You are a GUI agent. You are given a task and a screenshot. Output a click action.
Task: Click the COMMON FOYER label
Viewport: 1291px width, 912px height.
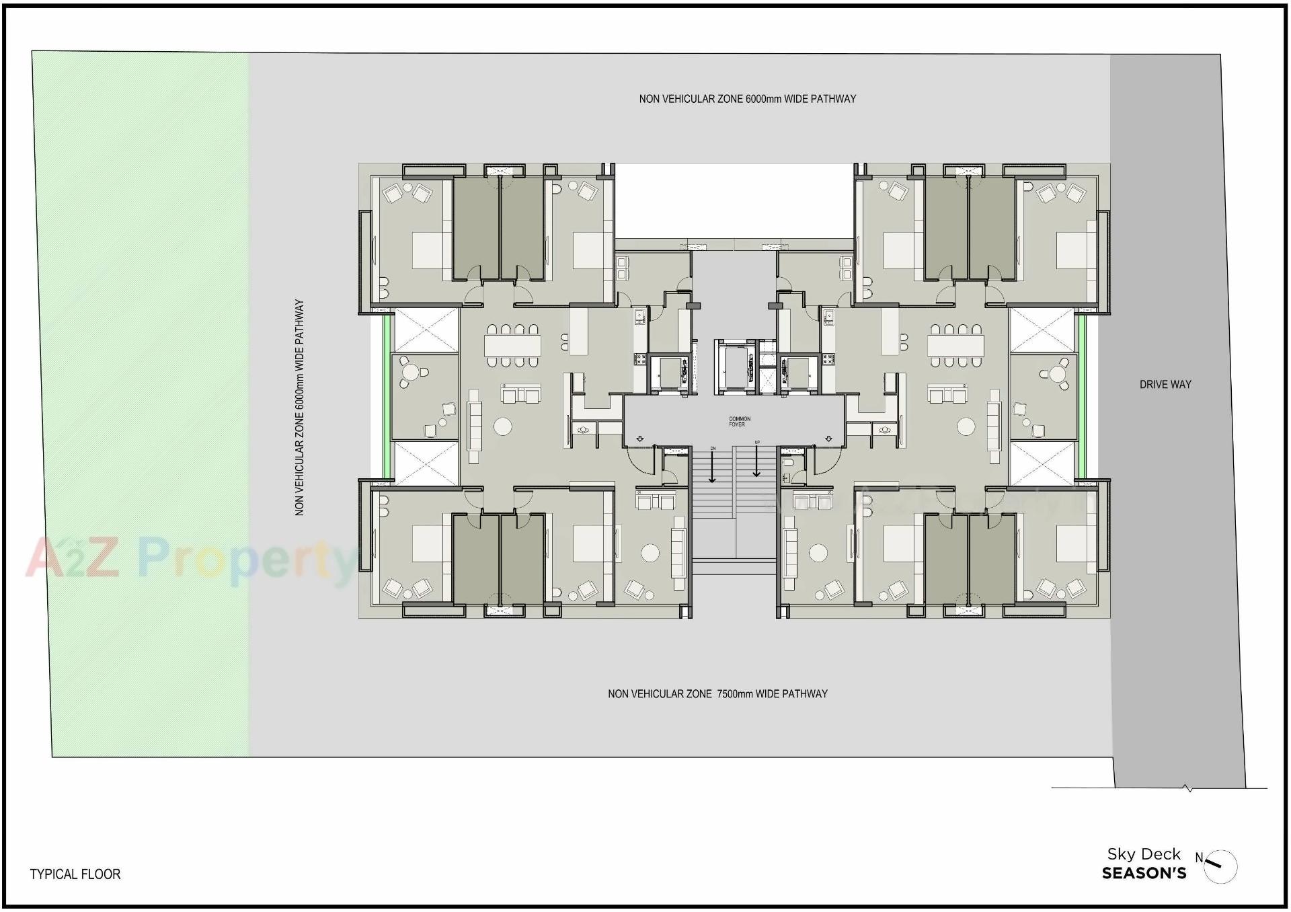[739, 422]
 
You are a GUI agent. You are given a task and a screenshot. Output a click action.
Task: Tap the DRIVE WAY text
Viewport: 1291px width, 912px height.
[1165, 385]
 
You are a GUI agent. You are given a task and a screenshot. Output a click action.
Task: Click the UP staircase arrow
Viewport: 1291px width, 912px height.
[756, 463]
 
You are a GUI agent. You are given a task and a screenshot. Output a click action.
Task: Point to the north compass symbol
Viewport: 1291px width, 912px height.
[1219, 866]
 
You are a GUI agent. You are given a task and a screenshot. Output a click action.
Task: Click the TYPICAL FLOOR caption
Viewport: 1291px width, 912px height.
[75, 874]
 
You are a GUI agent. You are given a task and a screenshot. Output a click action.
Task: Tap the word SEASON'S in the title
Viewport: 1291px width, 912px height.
[1144, 874]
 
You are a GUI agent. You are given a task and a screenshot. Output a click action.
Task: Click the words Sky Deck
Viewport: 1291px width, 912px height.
[1143, 854]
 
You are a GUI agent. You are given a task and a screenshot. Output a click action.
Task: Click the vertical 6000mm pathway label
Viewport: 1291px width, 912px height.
[300, 407]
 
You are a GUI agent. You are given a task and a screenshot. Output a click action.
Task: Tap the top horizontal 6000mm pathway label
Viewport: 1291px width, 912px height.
[747, 99]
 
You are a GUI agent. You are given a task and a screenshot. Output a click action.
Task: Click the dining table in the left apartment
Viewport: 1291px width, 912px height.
[512, 346]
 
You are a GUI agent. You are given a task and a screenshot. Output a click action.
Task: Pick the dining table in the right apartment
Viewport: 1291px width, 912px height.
[955, 346]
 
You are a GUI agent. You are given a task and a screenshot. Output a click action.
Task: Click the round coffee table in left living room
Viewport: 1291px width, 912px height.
[502, 426]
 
